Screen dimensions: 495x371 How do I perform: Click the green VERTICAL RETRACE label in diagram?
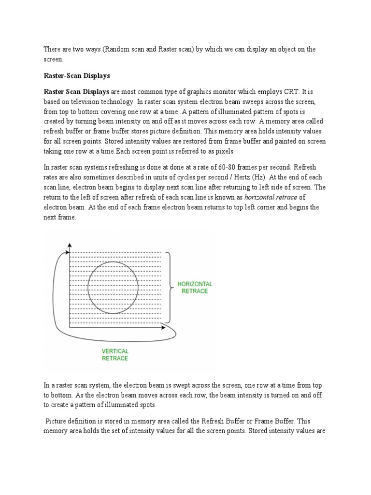click(115, 354)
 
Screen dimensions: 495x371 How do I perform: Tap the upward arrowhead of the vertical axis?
click(70, 246)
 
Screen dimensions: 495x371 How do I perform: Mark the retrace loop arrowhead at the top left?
click(63, 252)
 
